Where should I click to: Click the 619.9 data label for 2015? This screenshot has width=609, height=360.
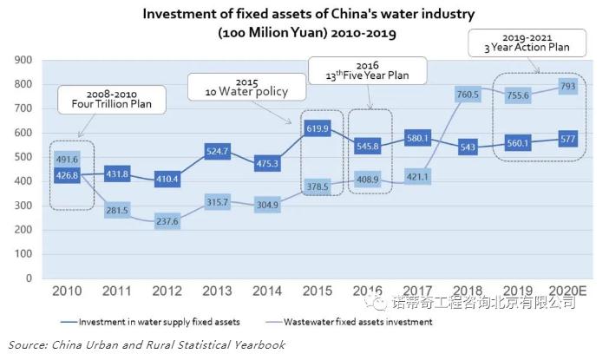[318, 128]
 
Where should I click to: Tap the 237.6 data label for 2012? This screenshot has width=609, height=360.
[166, 221]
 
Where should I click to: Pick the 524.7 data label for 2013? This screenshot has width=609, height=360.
[217, 151]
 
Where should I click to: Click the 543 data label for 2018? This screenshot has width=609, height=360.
[469, 147]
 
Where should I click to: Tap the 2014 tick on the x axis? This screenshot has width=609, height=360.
[267, 291]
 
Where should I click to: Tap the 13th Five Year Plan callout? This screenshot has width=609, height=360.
[368, 69]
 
